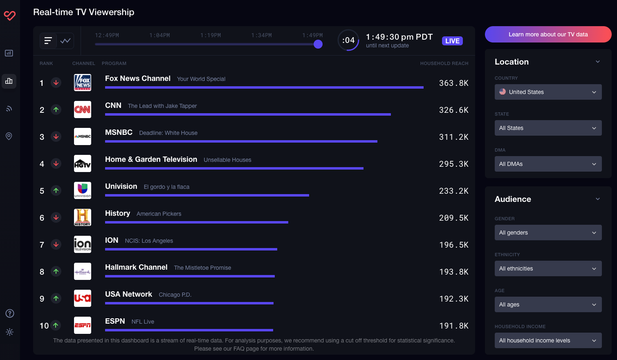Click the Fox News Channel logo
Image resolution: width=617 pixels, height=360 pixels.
coord(83,83)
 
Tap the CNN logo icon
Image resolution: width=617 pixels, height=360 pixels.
coord(83,110)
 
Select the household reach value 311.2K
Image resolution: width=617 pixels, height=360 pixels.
coord(453,137)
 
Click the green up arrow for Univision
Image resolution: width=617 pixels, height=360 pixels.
coord(56,190)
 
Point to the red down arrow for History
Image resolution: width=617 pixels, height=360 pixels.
coord(56,217)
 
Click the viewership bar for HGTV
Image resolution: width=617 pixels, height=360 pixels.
coord(234,168)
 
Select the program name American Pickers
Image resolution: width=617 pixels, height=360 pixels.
coord(159,214)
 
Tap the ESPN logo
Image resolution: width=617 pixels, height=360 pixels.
coord(83,325)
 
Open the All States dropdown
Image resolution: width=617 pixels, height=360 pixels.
coord(548,128)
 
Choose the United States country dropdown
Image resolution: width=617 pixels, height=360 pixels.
coord(548,92)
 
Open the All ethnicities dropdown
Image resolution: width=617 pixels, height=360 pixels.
coord(548,268)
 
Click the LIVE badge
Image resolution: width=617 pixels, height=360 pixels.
coord(452,41)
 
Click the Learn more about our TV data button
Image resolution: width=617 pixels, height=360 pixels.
coord(548,34)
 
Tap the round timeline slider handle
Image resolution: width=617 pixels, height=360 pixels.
coord(318,44)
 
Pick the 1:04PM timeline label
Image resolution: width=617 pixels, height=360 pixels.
coord(159,36)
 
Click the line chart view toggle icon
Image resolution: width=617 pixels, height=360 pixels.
coord(65,41)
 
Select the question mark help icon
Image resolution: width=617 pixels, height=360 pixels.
coord(10,313)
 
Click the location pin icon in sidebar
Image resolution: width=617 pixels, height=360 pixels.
coord(9,136)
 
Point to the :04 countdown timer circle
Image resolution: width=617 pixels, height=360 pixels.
coord(348,40)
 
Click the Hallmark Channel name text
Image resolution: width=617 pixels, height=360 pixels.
coord(136,267)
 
